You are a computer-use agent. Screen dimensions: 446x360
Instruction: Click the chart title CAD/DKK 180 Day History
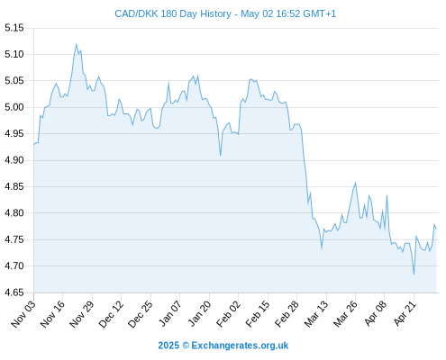173,13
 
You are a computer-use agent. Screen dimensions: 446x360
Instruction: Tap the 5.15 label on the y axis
14,28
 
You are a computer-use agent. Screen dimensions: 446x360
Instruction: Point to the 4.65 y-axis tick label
14,292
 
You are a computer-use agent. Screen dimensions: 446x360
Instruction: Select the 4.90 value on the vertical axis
14,160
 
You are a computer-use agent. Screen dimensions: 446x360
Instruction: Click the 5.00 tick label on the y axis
14,107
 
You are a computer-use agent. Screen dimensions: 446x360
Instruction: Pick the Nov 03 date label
24,313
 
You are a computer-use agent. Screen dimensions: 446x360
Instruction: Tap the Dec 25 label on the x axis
141,313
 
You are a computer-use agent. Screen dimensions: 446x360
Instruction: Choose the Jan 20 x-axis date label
200,313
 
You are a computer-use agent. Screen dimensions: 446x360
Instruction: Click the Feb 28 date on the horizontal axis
287,313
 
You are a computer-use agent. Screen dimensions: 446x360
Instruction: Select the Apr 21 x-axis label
405,313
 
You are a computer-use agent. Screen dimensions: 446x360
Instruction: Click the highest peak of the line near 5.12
76,44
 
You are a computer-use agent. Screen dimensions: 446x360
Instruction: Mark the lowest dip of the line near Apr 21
414,274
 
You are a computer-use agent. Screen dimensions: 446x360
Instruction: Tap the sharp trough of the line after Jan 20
220,156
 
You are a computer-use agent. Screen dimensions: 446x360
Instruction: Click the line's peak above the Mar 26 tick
356,183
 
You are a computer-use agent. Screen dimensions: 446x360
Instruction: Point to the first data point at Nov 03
34,145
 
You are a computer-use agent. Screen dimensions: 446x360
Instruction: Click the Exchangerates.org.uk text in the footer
240,346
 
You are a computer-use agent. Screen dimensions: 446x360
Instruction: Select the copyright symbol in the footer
186,346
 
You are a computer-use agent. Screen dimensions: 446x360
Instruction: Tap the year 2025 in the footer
168,346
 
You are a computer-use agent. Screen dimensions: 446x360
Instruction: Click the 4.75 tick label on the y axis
14,239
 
